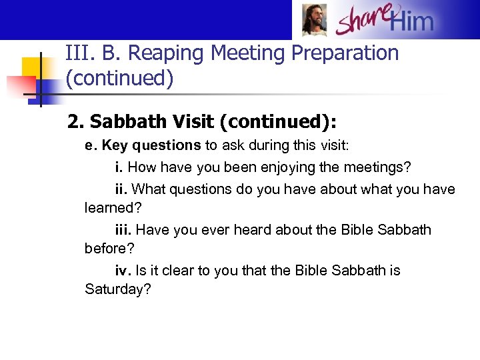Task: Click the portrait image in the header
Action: coord(314,20)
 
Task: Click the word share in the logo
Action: coord(361,21)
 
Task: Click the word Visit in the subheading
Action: coord(179,122)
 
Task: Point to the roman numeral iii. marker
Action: coord(123,230)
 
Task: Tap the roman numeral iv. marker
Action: coord(123,271)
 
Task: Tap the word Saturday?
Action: coord(118,289)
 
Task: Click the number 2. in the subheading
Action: coord(76,122)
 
